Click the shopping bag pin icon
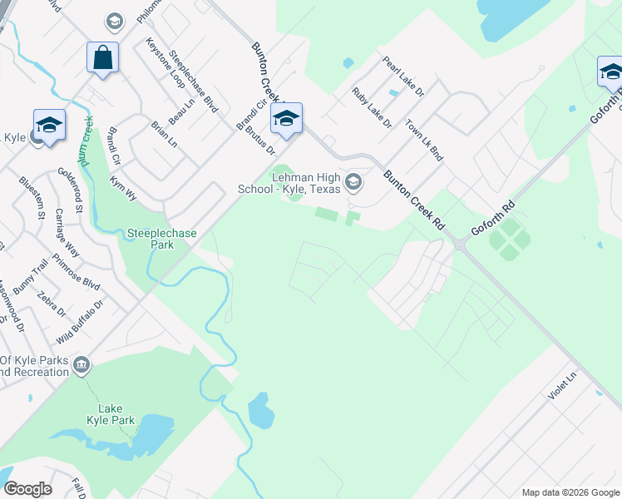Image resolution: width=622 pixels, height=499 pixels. [102, 59]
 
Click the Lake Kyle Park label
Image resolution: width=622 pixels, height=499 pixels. [116, 414]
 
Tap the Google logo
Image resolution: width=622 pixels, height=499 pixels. [27, 489]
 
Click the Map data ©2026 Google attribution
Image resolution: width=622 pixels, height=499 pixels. [570, 492]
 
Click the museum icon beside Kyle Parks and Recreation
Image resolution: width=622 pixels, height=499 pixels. [81, 364]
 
